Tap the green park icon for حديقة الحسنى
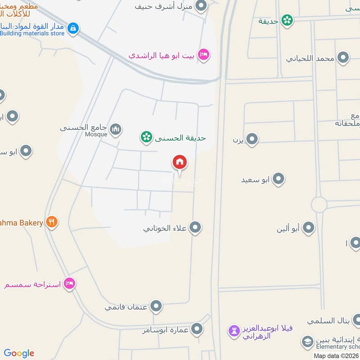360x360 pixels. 146,137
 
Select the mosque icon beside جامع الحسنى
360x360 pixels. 116,130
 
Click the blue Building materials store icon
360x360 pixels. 72,29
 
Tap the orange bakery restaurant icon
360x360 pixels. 52,222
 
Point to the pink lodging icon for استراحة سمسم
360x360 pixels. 69,283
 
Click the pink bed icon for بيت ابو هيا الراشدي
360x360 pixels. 203,54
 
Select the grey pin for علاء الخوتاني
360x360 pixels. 195,227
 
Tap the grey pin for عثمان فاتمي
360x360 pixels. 156,306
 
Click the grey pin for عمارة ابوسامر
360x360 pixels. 196,329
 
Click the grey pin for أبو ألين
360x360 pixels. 308,228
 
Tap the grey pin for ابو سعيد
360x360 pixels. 279,179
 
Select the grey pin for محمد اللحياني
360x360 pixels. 343,58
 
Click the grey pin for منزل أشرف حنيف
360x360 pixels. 201,6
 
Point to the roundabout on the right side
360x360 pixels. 319,205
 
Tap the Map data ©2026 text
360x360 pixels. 336,355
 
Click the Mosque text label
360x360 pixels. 96,134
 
